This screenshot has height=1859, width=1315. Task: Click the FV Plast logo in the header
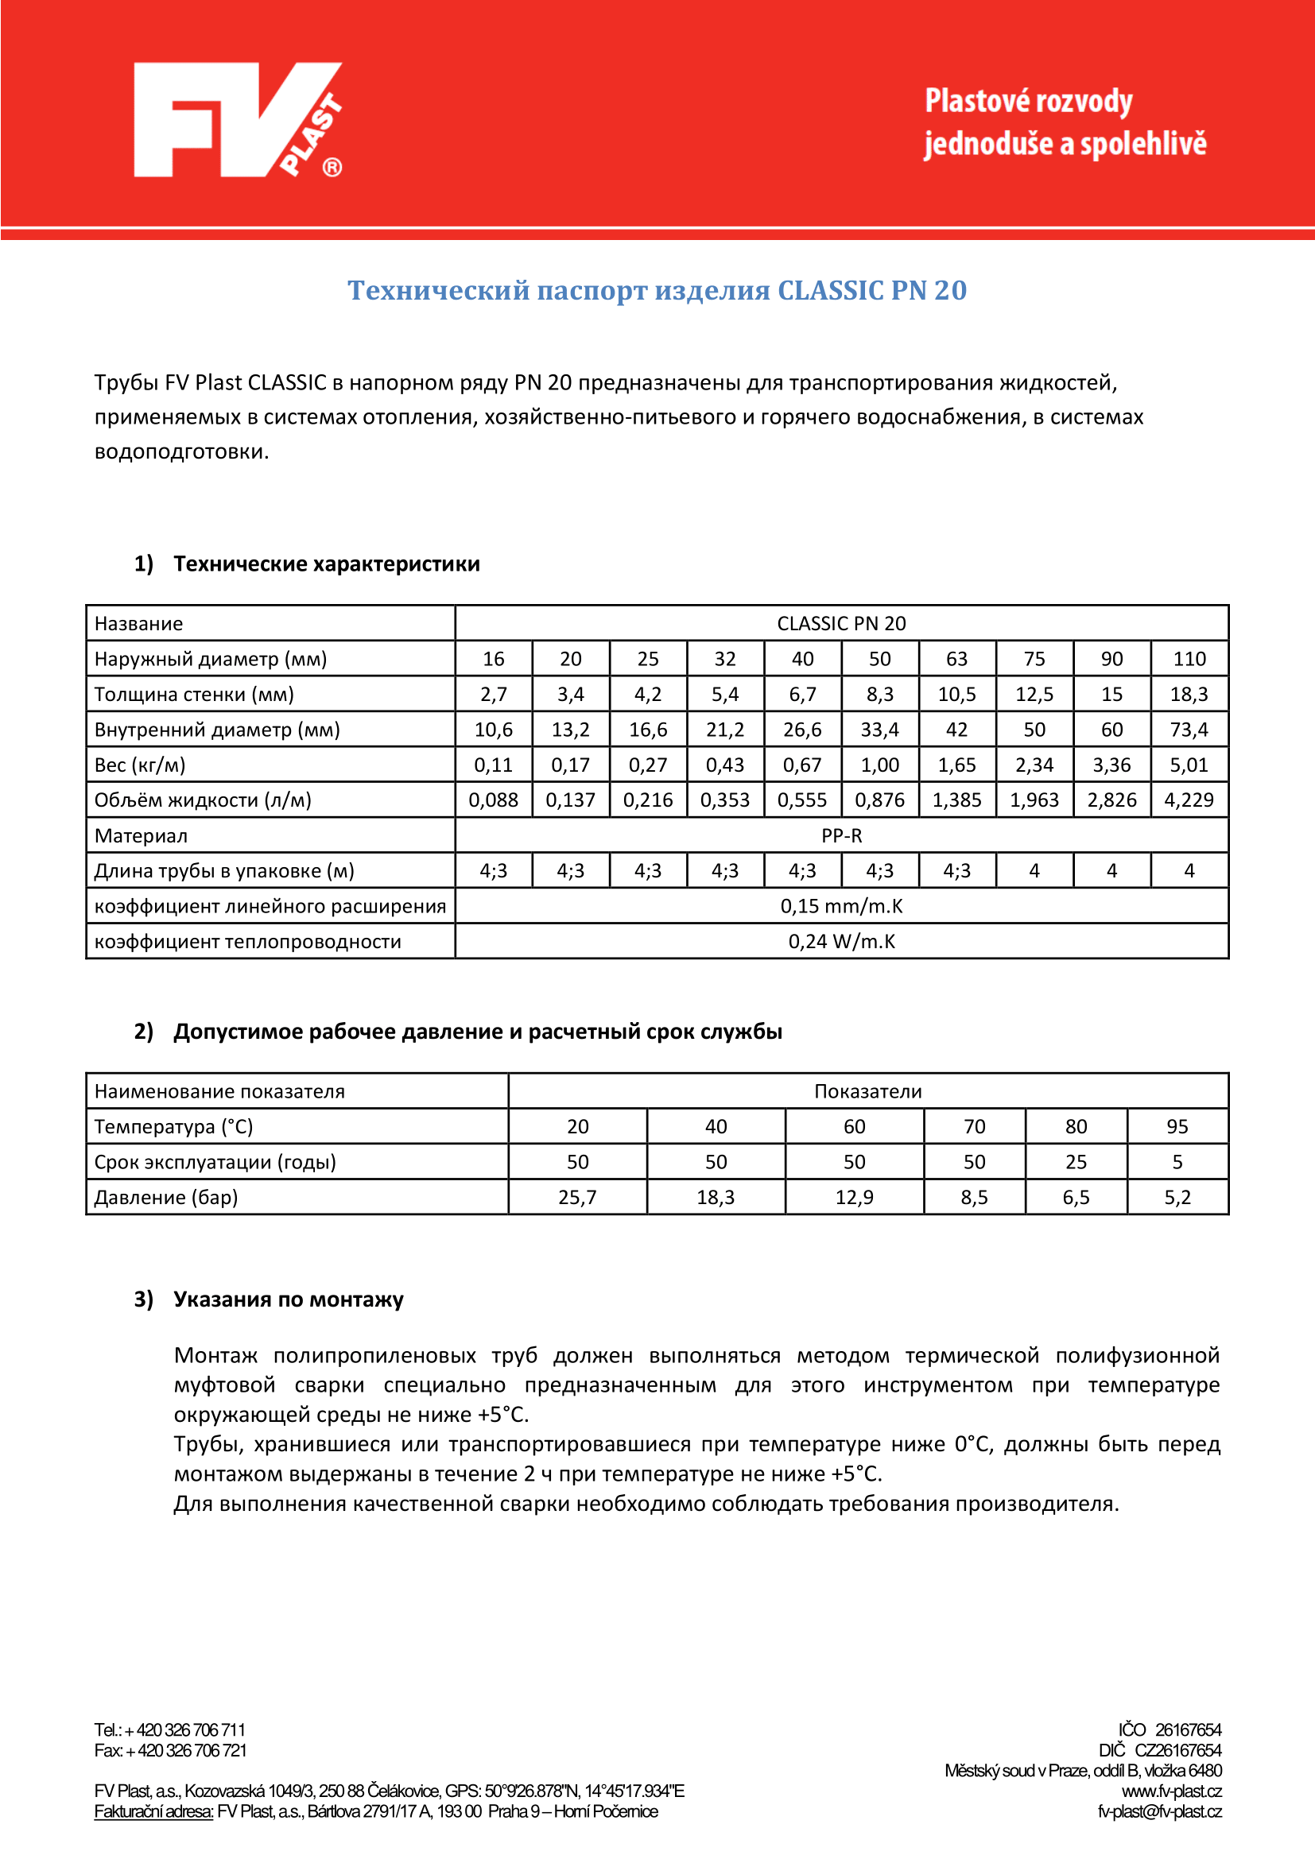click(237, 120)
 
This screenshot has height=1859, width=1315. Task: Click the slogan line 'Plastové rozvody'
click(1028, 102)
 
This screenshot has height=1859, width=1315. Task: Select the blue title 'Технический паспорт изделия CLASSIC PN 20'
click(657, 290)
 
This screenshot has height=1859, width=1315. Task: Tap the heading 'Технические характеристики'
click(326, 564)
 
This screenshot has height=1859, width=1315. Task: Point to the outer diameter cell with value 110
click(1189, 659)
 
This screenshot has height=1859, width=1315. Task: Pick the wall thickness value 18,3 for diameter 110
click(1189, 694)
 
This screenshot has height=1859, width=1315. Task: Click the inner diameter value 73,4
click(1189, 730)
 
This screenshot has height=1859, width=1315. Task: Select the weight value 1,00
click(879, 765)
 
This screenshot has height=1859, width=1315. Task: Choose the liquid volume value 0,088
click(493, 800)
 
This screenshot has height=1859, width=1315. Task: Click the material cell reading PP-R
click(841, 835)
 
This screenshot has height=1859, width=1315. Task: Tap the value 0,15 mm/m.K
click(841, 906)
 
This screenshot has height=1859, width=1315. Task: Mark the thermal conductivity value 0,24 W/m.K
click(841, 942)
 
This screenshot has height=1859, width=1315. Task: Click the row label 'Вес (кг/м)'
click(140, 765)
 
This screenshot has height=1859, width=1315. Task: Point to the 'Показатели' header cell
click(867, 1091)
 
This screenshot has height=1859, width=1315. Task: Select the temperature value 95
click(1177, 1126)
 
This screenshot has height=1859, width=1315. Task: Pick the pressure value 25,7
click(577, 1197)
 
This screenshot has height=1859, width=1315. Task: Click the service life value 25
click(1076, 1162)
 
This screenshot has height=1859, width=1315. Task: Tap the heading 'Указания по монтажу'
click(289, 1299)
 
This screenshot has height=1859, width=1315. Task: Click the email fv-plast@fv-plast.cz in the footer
click(1158, 1811)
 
